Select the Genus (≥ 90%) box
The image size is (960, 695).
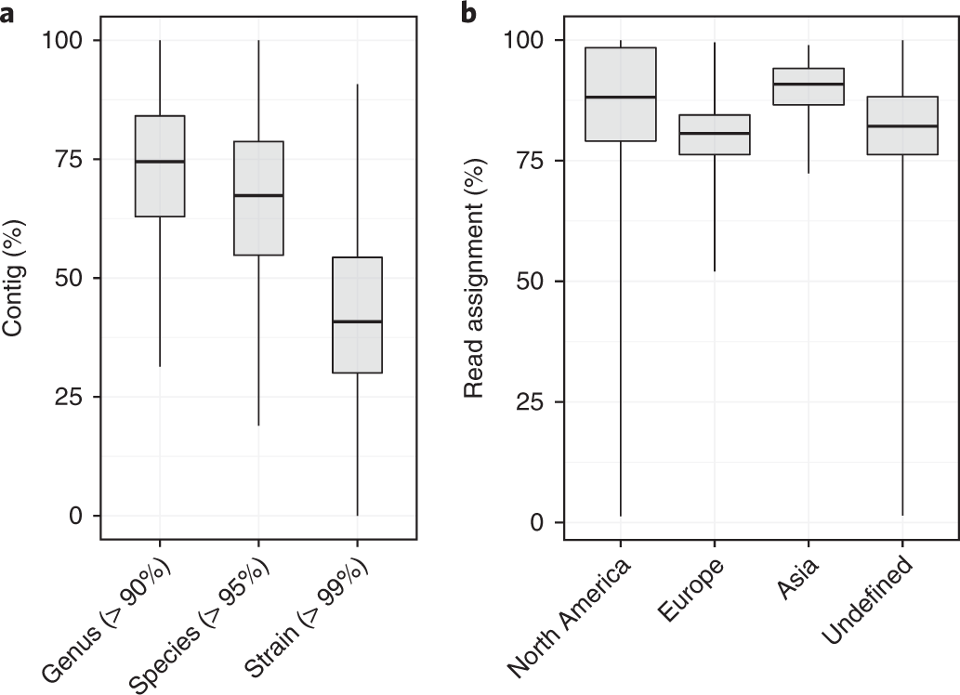pos(160,166)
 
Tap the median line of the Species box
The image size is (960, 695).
pos(258,195)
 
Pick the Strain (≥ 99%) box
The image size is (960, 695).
pos(358,314)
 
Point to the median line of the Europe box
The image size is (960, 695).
pos(714,133)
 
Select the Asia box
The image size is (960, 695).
pos(808,86)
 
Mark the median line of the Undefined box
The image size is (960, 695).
pos(901,125)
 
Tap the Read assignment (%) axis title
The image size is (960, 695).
pos(475,278)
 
